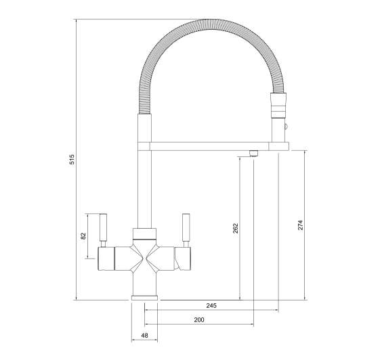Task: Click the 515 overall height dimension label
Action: point(72,160)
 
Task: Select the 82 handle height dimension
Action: point(83,235)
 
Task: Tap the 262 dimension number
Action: point(235,228)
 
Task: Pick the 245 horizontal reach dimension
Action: point(211,306)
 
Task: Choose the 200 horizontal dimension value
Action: point(199,319)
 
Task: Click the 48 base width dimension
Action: point(144,336)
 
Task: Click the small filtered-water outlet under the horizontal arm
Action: point(253,152)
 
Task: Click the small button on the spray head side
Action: point(285,127)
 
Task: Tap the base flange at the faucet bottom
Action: point(144,298)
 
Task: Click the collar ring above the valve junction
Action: point(144,233)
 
